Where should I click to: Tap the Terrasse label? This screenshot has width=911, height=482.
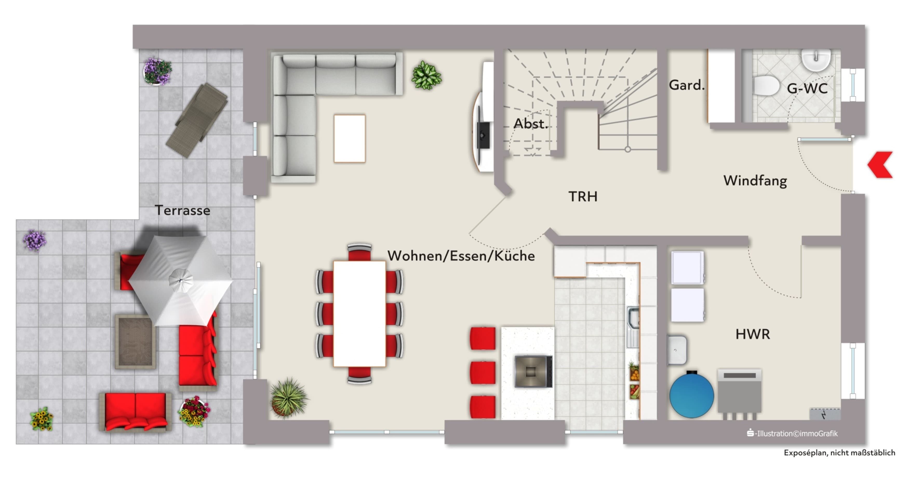(x=183, y=211)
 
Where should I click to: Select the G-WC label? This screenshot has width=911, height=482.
(x=807, y=88)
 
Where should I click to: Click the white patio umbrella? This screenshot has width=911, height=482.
(x=180, y=281)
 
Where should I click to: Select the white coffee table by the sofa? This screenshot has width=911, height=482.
(x=349, y=138)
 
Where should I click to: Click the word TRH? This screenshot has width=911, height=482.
(x=583, y=196)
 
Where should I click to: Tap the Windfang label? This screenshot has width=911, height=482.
(x=755, y=181)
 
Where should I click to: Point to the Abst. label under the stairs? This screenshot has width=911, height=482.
(x=531, y=124)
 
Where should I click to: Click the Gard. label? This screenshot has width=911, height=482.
(x=686, y=85)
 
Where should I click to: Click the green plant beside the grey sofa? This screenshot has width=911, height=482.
(x=426, y=75)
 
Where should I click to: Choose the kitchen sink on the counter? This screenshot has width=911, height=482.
(x=633, y=327)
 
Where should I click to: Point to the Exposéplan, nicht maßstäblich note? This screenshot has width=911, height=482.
(x=839, y=453)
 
